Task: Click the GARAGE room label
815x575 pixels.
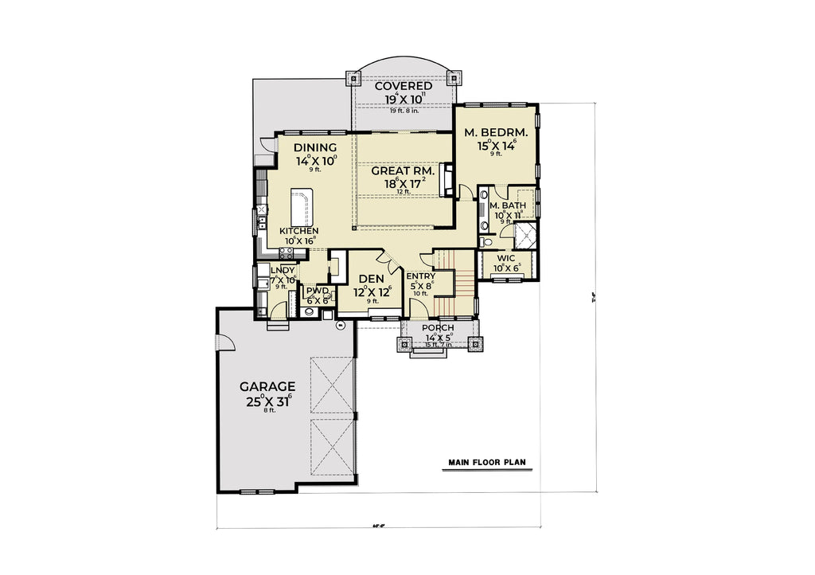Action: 267,387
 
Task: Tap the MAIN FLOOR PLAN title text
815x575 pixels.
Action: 486,462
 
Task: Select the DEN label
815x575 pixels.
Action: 372,279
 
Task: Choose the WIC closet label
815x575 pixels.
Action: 506,259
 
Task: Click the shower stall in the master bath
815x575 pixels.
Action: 525,235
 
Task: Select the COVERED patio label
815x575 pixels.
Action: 404,86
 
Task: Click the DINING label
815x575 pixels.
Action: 315,147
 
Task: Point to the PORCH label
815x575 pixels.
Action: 439,328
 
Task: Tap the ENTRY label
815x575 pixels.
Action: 420,277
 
